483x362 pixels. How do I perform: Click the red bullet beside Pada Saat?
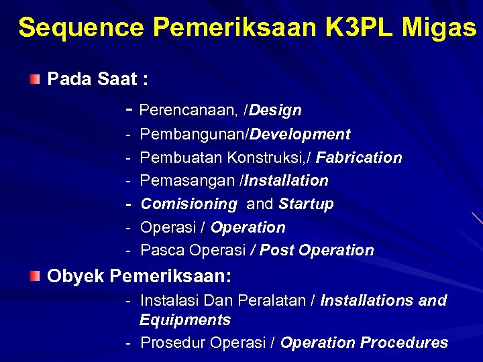point(35,80)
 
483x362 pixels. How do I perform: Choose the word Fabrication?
point(359,158)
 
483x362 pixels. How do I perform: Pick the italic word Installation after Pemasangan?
point(286,181)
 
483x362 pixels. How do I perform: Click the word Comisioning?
point(189,204)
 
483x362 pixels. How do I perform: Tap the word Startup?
point(307,204)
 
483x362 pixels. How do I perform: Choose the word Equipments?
point(185,320)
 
